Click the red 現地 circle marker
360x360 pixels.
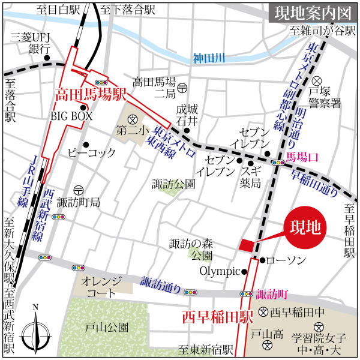(x=304, y=228)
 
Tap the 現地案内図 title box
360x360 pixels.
(x=309, y=13)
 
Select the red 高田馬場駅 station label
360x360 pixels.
(x=90, y=94)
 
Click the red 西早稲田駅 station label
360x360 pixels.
(x=214, y=316)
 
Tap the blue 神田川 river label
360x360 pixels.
(x=208, y=59)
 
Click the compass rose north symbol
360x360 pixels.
(x=35, y=331)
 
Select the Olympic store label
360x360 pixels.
(x=220, y=271)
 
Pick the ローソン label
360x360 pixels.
(x=286, y=260)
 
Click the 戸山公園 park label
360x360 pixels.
(x=106, y=328)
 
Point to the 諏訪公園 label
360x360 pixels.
(x=174, y=184)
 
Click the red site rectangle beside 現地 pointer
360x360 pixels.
(x=246, y=245)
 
